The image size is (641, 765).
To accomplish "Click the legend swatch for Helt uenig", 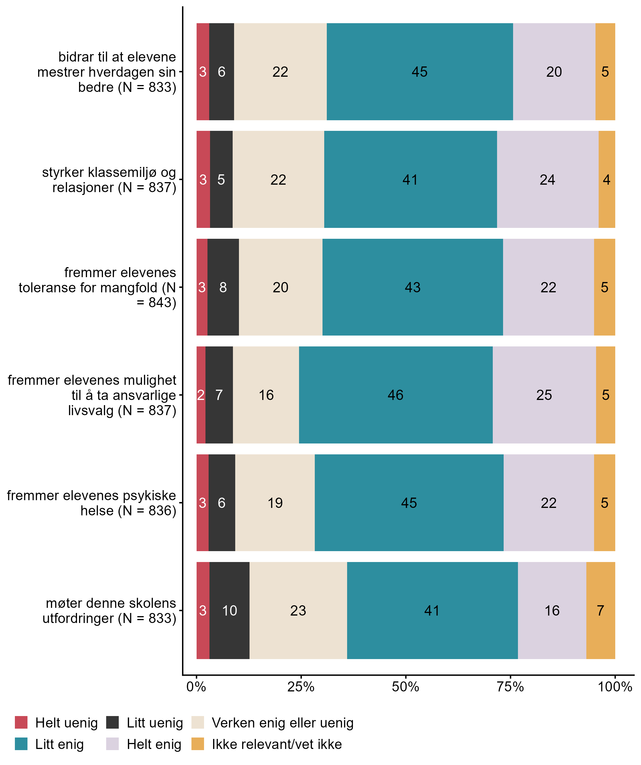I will (21, 722).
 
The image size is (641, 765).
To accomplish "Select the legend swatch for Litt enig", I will (21, 744).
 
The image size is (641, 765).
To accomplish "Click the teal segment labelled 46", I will (395, 395).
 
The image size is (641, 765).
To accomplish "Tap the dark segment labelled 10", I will (230, 611).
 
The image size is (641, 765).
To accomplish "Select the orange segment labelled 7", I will (601, 611).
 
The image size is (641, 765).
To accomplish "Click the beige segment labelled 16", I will (266, 395).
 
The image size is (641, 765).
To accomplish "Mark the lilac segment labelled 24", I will (547, 180).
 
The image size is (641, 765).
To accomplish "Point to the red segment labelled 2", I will (201, 395).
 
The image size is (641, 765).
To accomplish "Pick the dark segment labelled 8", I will (223, 287).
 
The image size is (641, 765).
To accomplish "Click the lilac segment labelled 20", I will (554, 72).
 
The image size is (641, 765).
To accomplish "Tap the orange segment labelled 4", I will (606, 180).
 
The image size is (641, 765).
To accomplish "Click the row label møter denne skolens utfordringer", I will (109, 611).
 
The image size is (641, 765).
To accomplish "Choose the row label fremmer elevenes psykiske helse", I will (91, 503).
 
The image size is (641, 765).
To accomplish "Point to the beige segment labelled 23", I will (298, 611).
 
